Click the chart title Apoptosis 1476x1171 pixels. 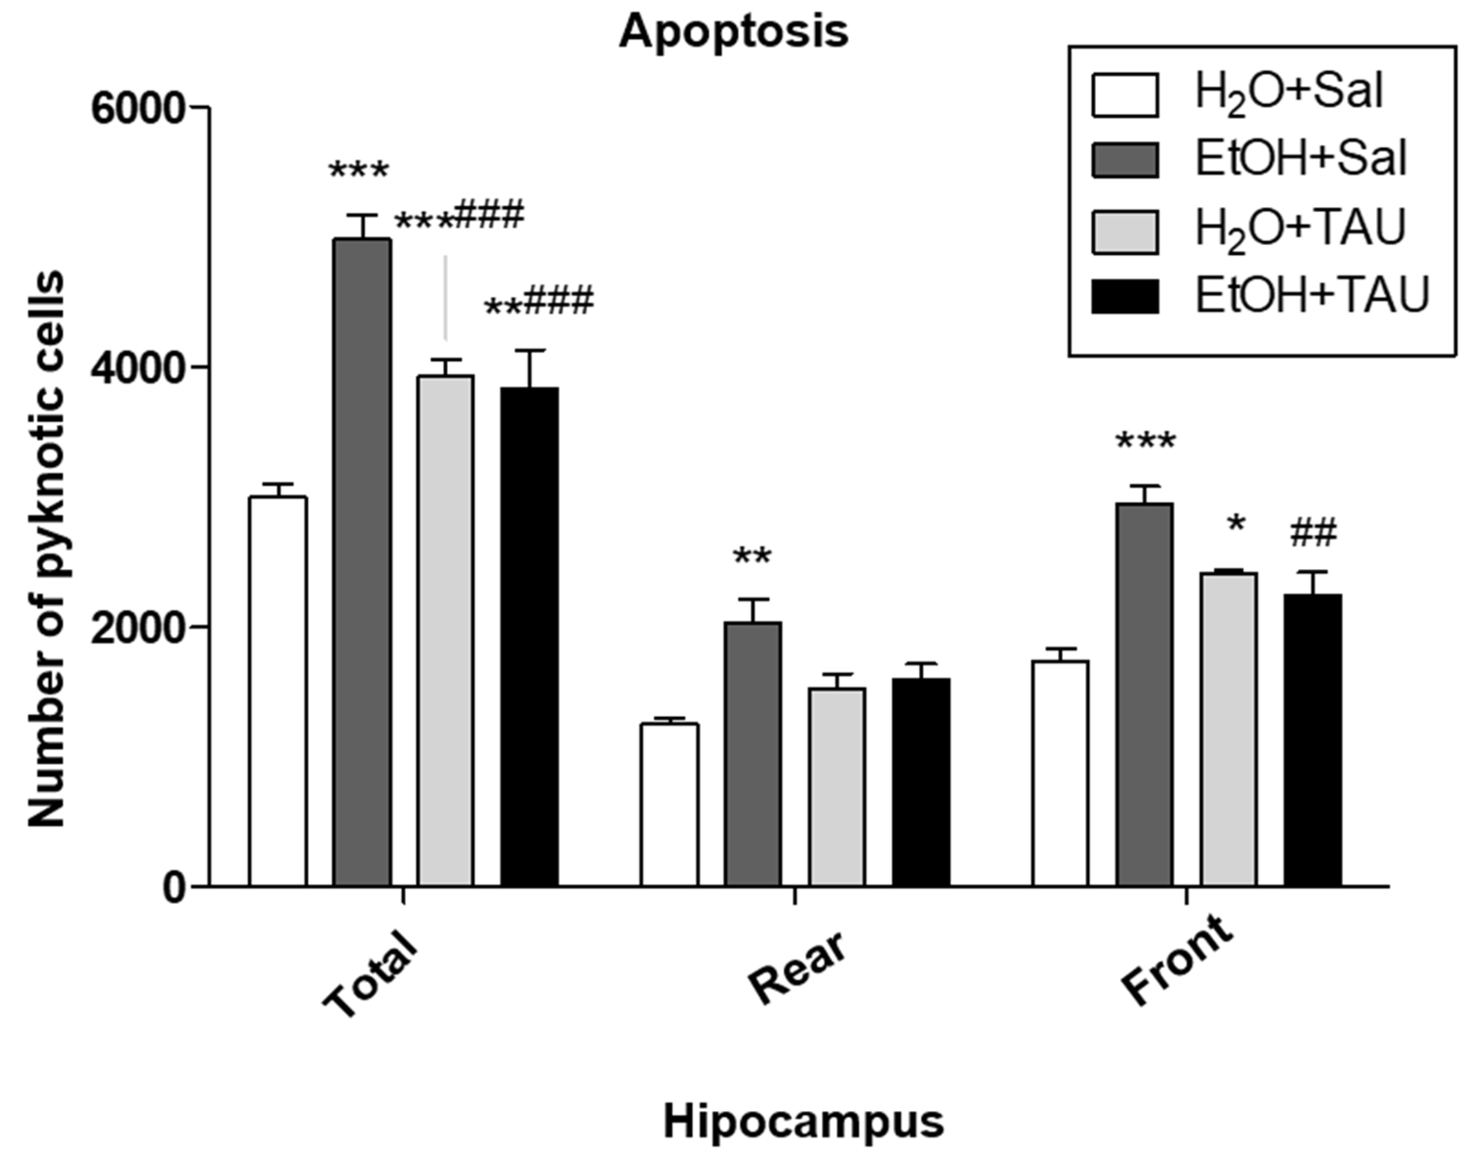coord(733,32)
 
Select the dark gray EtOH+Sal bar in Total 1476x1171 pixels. coord(362,561)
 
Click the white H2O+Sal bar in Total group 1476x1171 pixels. coord(278,691)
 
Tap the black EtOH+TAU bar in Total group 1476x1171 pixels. coord(529,636)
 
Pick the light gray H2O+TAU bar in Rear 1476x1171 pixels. coord(837,787)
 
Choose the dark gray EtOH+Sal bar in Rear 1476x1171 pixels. coord(753,753)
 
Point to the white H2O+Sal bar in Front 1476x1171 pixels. coord(1060,773)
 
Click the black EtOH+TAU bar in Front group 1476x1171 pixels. coord(1313,739)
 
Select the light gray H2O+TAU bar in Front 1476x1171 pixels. coord(1228,729)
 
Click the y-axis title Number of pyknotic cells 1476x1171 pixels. coord(47,548)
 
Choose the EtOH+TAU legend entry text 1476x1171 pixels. coord(1312,295)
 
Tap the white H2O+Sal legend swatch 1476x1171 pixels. coord(1125,95)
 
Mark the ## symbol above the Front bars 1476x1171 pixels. coord(1313,534)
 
